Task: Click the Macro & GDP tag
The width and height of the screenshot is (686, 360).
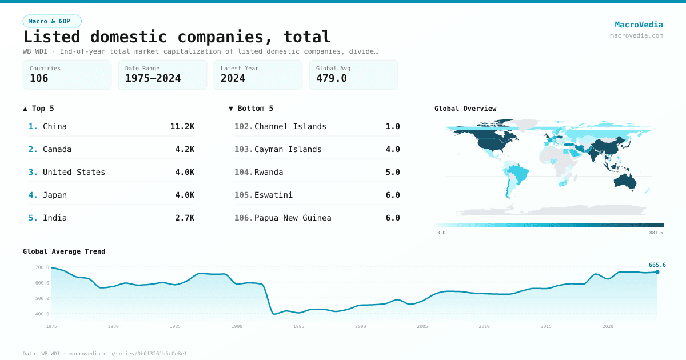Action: [52, 21]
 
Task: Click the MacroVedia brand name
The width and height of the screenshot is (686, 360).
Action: [639, 25]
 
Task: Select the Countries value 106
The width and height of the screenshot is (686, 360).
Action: [39, 78]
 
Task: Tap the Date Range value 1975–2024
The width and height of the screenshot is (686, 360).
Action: [153, 78]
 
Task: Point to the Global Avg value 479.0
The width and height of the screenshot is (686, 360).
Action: [331, 78]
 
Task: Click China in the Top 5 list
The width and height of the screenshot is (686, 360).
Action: [55, 126]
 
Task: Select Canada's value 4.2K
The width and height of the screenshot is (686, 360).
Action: [184, 149]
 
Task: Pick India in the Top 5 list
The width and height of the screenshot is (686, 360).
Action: [55, 218]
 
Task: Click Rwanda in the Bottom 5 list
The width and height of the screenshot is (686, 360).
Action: [269, 172]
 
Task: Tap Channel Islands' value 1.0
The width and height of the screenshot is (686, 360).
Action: [392, 126]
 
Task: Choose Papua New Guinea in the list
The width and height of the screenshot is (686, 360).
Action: [293, 218]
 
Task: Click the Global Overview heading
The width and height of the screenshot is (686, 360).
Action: [465, 109]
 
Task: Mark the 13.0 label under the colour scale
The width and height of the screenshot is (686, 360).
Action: [440, 233]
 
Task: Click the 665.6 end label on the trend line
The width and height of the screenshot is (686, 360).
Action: [657, 265]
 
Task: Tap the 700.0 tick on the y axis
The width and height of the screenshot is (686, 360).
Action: [42, 267]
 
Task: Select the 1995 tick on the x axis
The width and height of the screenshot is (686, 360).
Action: [298, 326]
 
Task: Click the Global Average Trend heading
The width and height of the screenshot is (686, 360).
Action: [64, 251]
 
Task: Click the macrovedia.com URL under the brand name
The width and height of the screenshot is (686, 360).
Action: [636, 35]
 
